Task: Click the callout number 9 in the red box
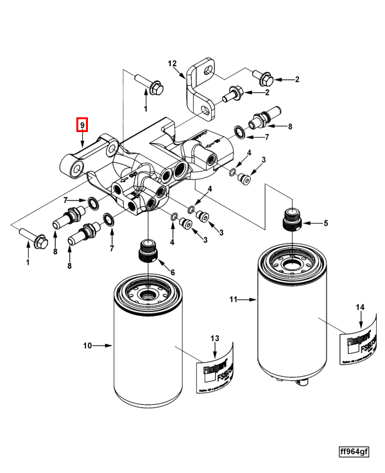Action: click(83, 124)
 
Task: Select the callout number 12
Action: click(172, 63)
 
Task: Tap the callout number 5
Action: click(325, 223)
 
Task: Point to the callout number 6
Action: click(171, 272)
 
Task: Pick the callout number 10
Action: click(88, 346)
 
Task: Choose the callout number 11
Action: click(234, 299)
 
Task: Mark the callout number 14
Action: click(361, 308)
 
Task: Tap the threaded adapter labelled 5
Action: click(291, 221)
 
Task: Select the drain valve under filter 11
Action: click(299, 383)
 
